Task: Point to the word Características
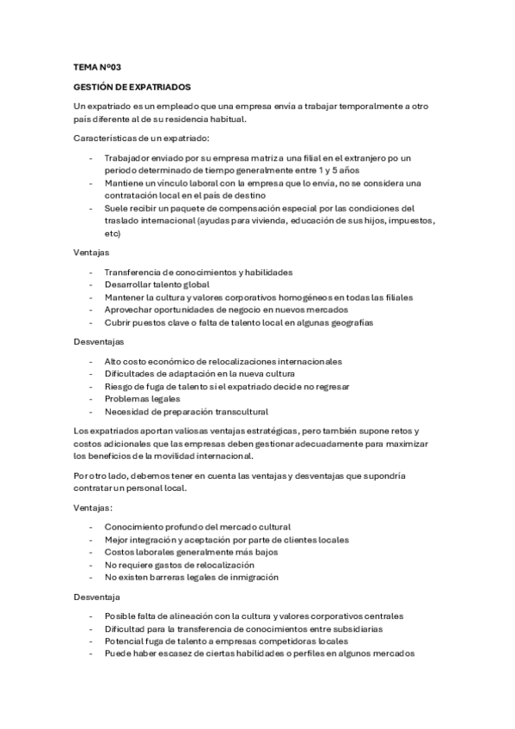point(105,138)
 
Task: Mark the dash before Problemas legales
point(92,399)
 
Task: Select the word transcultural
point(238,411)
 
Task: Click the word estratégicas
point(262,430)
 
